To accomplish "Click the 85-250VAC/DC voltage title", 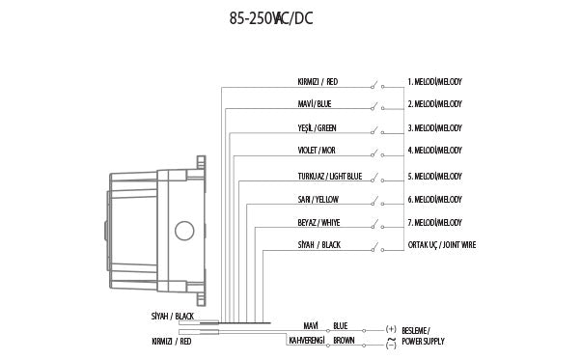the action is tap(271, 18).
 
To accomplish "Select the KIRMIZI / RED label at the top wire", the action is tap(318, 82).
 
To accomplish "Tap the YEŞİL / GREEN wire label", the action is tap(318, 128).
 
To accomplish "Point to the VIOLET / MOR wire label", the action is tap(317, 151).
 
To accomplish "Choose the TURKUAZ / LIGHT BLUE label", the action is tap(330, 177).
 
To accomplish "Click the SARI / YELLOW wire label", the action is tap(318, 200).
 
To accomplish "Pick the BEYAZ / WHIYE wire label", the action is tap(319, 223).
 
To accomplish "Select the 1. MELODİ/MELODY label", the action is tap(435, 82).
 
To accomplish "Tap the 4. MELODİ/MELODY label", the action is tap(435, 151).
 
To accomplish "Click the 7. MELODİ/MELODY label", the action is tap(435, 223).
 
